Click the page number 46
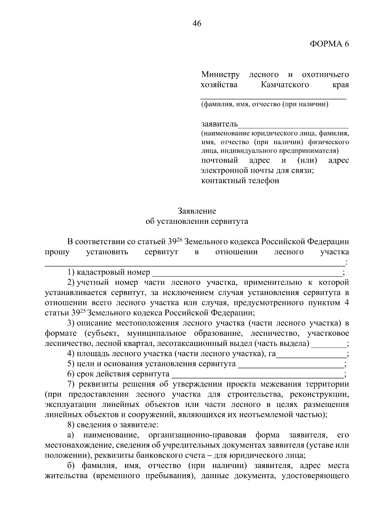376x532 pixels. click(x=197, y=24)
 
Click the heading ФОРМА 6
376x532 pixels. click(x=329, y=44)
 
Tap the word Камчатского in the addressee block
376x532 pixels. click(x=285, y=85)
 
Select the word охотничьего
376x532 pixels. click(x=325, y=75)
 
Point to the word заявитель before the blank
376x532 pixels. click(x=219, y=124)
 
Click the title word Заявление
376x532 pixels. click(x=197, y=211)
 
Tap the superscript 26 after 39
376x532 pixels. click(x=179, y=240)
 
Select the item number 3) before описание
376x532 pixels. click(x=71, y=323)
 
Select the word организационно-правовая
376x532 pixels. click(x=197, y=435)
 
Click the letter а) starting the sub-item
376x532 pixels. click(x=70, y=435)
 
